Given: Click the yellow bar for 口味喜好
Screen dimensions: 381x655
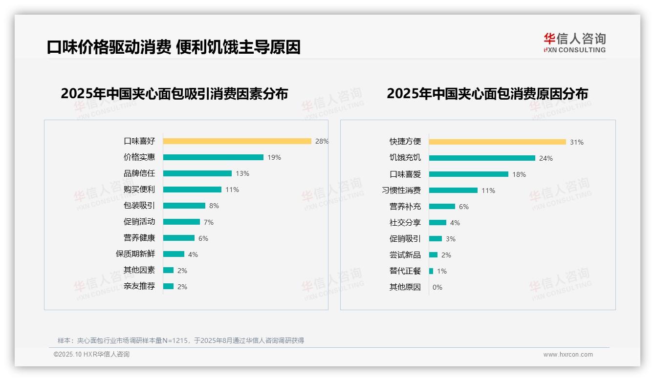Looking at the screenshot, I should pos(237,141).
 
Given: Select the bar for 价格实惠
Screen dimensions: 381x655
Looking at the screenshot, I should pos(213,157).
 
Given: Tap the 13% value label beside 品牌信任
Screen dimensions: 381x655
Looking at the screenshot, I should pos(242,173).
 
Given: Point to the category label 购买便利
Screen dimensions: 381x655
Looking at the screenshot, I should pos(139,190).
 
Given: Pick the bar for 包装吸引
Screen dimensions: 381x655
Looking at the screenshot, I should pos(184,206).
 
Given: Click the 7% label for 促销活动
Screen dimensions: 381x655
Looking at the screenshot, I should pos(209,222).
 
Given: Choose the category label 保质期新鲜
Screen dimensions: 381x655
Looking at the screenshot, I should pos(135,254).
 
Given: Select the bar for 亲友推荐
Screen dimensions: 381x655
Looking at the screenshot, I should pos(168,286).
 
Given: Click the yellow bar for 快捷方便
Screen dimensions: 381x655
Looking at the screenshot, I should pos(498,142).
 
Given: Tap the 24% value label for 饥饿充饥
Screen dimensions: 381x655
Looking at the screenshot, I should pos(546,158).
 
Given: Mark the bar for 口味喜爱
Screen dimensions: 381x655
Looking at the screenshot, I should pos(469,174).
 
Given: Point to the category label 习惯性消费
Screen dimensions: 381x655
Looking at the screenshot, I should pos(401,190).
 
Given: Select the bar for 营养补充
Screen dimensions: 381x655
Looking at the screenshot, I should pos(442,206).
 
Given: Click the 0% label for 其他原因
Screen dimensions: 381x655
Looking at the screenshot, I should pos(437,287).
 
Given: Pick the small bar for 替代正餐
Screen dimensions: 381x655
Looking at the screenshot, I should pos(431,271).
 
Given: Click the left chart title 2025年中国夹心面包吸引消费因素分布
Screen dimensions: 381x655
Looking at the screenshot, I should pos(175,93).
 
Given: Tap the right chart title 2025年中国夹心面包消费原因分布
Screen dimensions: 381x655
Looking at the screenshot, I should pos(487,93).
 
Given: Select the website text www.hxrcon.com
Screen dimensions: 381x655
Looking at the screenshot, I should pos(568,355).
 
